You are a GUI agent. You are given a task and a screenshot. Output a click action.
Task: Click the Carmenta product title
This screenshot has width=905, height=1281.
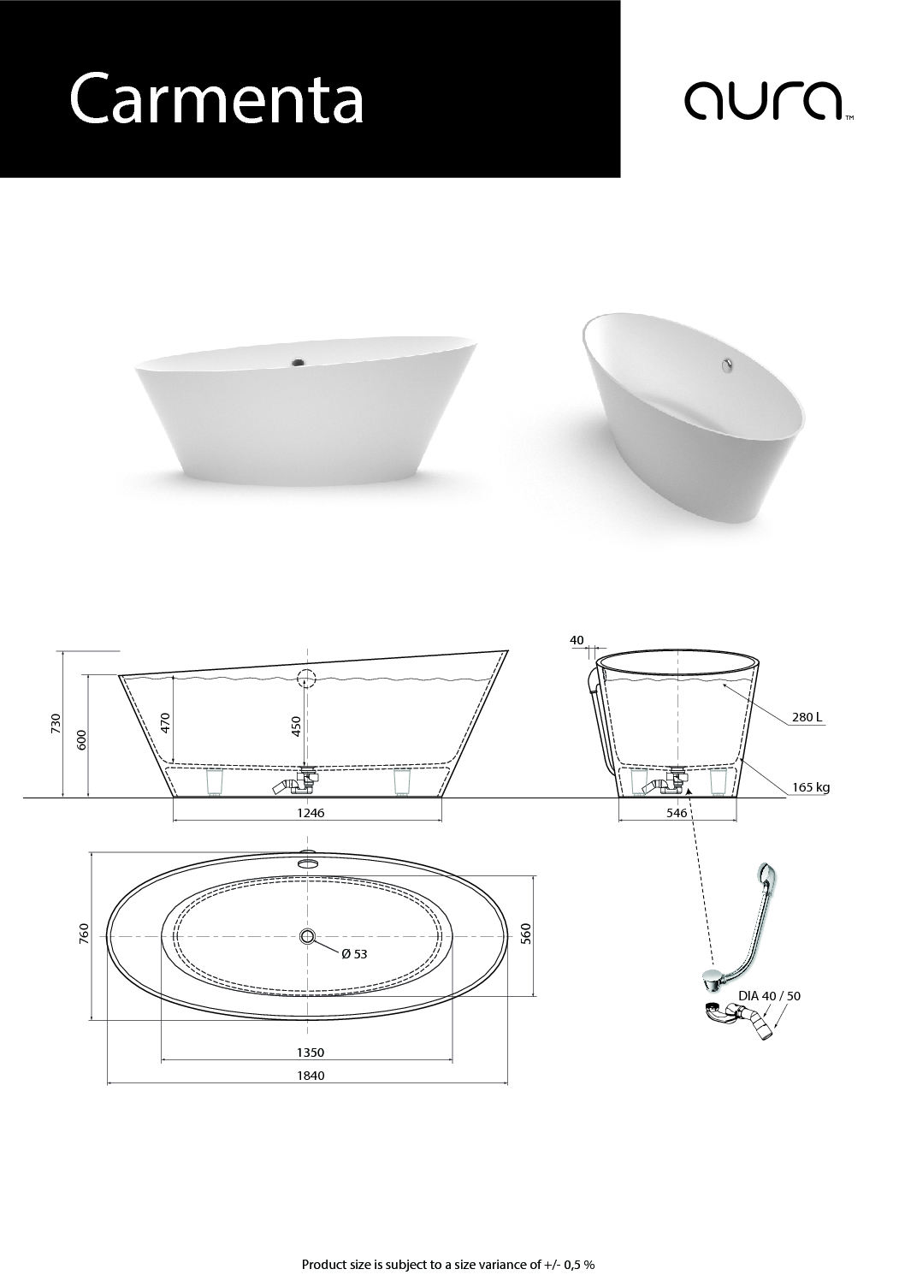216,98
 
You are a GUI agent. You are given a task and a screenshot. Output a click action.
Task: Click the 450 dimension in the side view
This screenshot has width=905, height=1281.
296,726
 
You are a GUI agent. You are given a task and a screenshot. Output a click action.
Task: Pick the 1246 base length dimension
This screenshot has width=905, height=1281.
311,813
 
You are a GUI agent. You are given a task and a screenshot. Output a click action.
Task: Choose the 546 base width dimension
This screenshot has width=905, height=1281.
677,813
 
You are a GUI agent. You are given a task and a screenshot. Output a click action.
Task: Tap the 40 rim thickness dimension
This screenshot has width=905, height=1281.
577,640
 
